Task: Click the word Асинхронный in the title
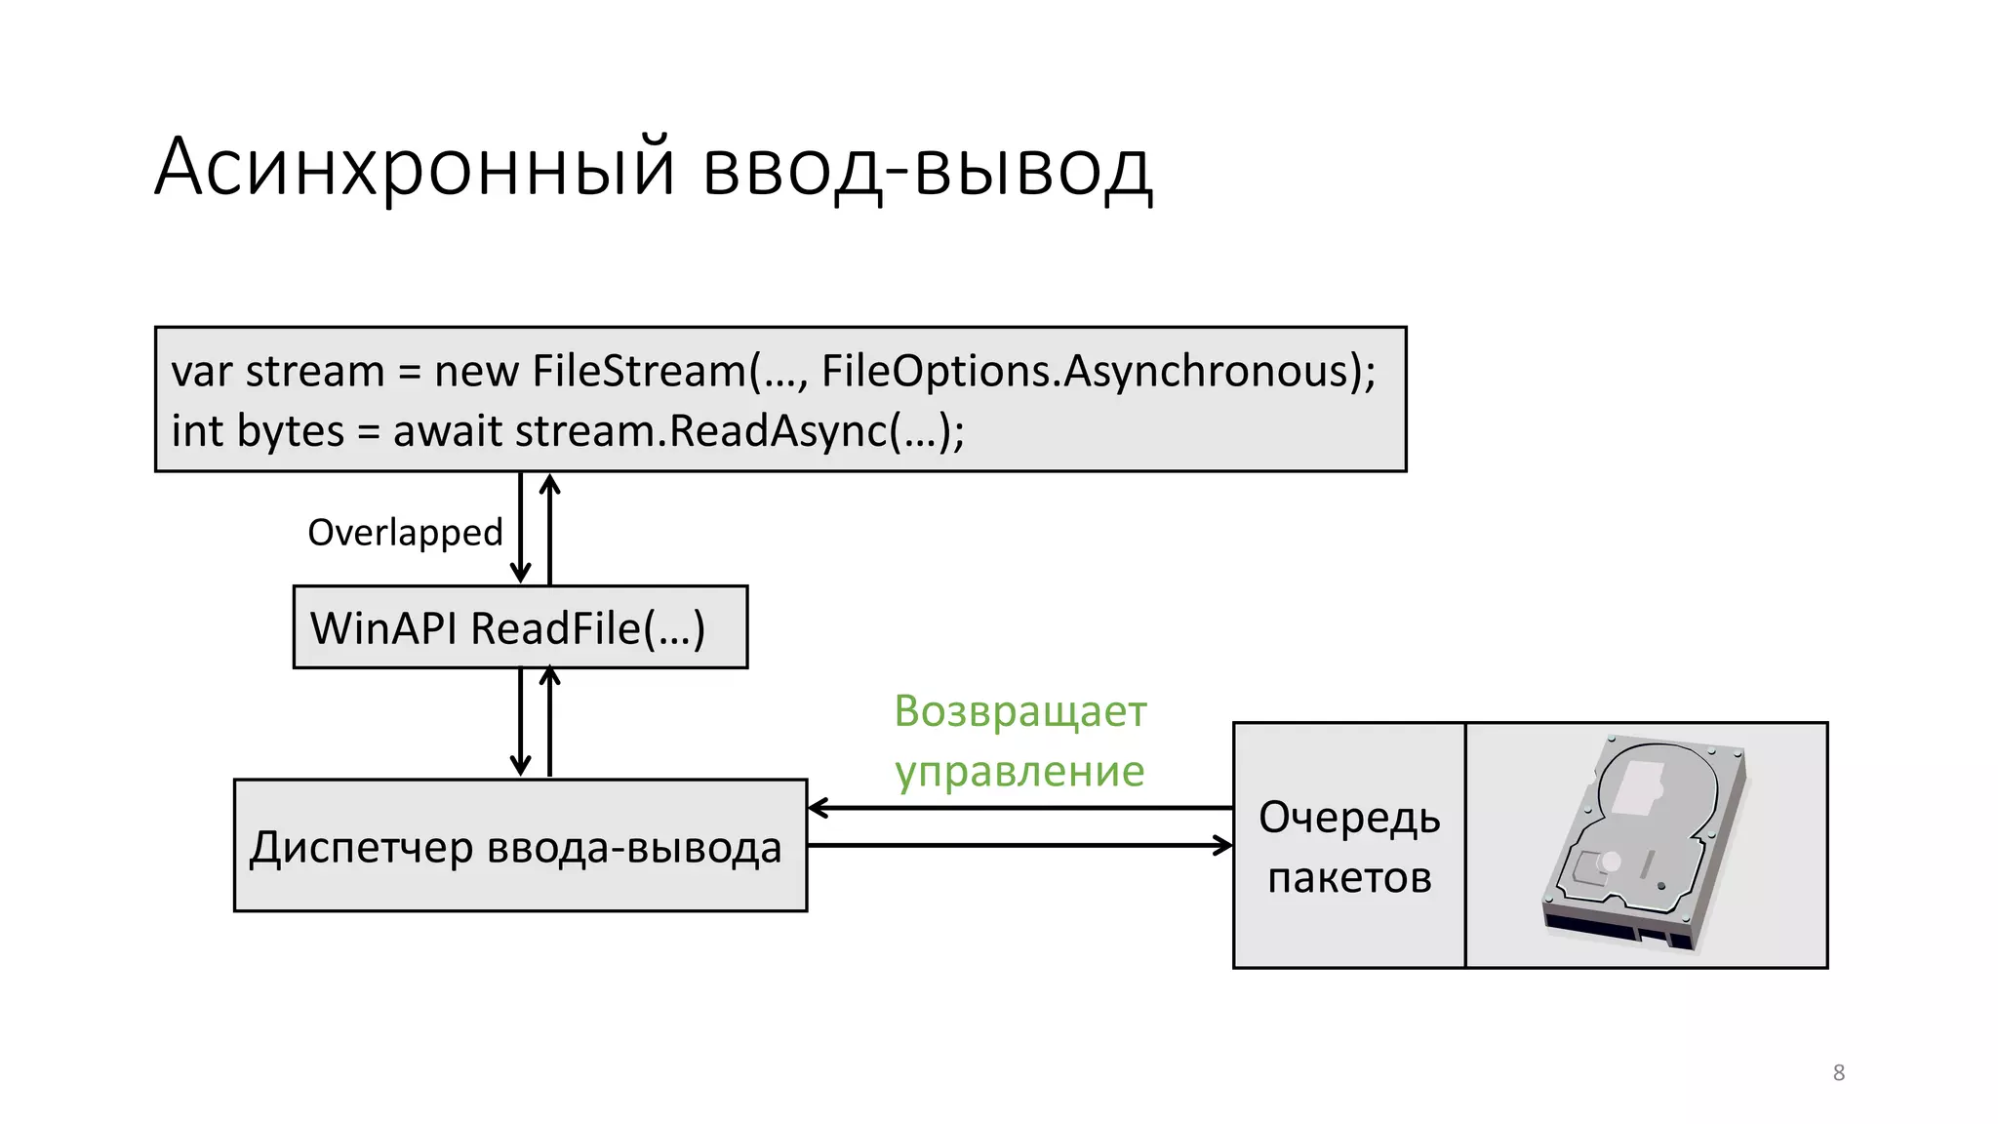(415, 168)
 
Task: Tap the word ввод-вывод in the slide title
(927, 168)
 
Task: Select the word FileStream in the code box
(638, 372)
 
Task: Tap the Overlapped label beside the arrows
(405, 533)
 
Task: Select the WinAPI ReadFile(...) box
(520, 627)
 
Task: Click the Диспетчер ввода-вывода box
(520, 846)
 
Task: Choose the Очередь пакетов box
(1349, 846)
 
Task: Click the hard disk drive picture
(1645, 844)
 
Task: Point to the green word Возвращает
(1020, 711)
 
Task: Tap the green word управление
(1019, 772)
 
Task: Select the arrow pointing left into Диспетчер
(1019, 808)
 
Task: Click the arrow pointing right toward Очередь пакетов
(1019, 845)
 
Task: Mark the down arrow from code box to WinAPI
(521, 528)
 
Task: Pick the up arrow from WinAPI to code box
(550, 528)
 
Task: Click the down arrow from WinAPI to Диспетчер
(521, 722)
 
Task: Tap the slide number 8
(1839, 1072)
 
